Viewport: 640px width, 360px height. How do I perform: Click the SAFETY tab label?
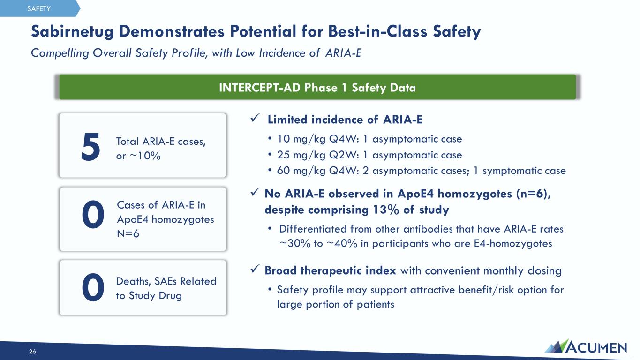coord(39,9)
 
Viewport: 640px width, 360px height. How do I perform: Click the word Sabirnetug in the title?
coord(72,31)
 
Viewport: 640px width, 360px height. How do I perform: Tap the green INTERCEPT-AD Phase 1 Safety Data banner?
coord(317,87)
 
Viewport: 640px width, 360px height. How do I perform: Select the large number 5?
coord(90,147)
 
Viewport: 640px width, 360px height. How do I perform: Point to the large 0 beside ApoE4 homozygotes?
coord(93,214)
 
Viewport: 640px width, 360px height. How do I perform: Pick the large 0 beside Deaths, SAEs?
coord(93,287)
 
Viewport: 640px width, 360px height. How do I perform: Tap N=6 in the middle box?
coord(128,234)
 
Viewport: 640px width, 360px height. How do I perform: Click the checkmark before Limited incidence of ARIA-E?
coord(255,118)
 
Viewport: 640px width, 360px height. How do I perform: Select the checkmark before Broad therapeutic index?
coord(255,269)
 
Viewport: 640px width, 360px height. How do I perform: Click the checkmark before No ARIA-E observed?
coord(255,192)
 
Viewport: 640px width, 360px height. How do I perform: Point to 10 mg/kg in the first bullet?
coord(301,139)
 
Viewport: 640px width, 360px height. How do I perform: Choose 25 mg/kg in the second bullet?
coord(301,155)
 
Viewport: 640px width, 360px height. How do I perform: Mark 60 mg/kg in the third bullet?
coord(301,171)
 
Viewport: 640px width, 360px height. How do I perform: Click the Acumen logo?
coord(586,346)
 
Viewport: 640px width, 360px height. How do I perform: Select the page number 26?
coord(32,352)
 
